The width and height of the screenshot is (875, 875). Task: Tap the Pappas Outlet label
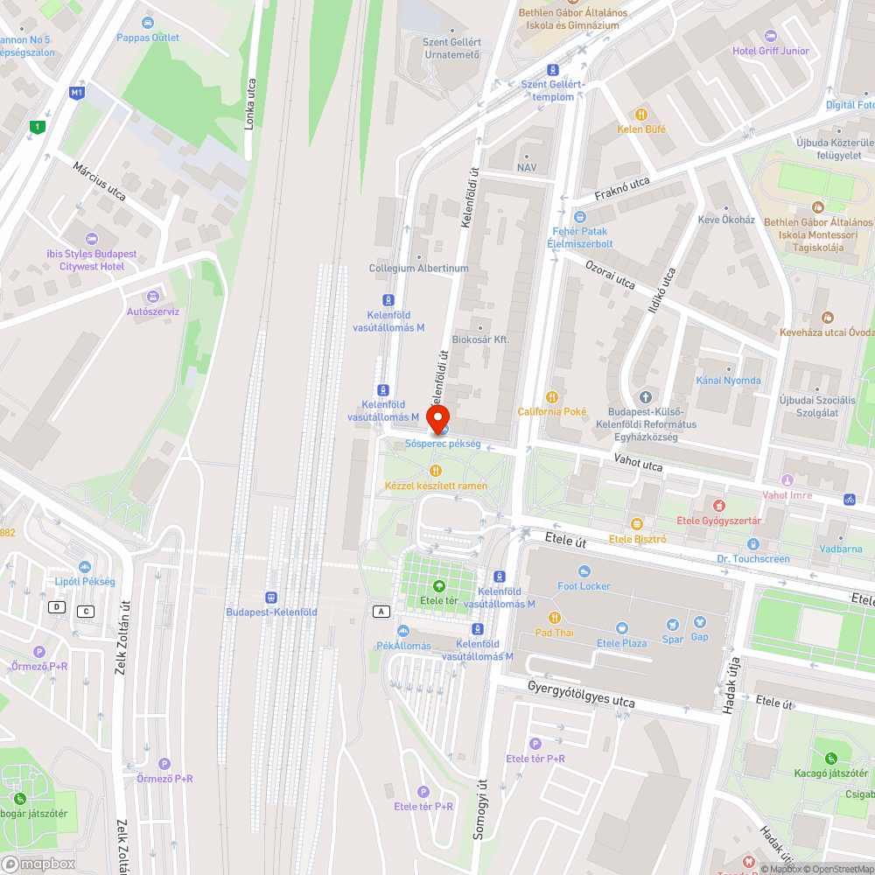point(148,38)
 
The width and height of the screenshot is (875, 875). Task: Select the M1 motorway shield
point(77,92)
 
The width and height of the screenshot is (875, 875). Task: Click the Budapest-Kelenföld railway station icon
point(271,595)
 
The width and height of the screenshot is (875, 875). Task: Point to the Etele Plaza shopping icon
point(621,627)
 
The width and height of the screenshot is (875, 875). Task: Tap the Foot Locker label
point(584,586)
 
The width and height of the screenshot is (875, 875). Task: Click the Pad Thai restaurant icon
point(554,618)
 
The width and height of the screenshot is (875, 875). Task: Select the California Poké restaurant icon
point(551,397)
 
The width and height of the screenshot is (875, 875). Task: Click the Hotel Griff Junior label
point(770,51)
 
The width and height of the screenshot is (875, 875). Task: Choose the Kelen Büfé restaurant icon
point(641,114)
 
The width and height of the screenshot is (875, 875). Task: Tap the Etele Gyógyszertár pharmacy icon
point(718,506)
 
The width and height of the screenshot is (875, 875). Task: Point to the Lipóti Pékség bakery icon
point(85,567)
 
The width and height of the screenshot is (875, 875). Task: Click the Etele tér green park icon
point(438,586)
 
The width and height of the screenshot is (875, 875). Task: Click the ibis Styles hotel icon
point(91,239)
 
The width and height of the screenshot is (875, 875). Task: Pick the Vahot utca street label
point(638,463)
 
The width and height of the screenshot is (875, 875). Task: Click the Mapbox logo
point(39,863)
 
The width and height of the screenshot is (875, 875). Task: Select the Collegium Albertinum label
point(418,269)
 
